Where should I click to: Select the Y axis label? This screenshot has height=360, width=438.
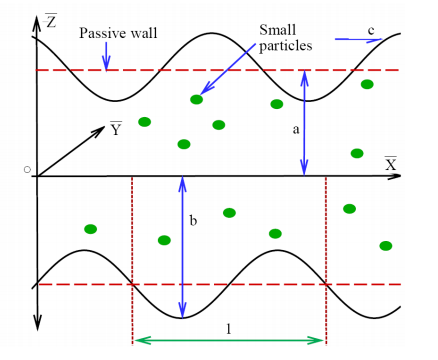coord(116,129)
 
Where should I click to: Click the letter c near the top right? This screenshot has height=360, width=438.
coord(371,32)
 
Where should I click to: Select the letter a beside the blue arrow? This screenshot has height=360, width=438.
coord(295,130)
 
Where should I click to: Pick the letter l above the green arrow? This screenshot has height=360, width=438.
coord(229,328)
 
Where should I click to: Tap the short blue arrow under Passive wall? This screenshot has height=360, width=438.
coord(106,60)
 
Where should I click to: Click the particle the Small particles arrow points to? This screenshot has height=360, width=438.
coord(196,99)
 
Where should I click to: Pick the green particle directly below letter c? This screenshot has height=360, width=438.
coord(368,84)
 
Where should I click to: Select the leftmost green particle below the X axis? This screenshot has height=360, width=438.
coord(91,229)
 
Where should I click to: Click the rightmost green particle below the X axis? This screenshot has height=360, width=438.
coord(385,245)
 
